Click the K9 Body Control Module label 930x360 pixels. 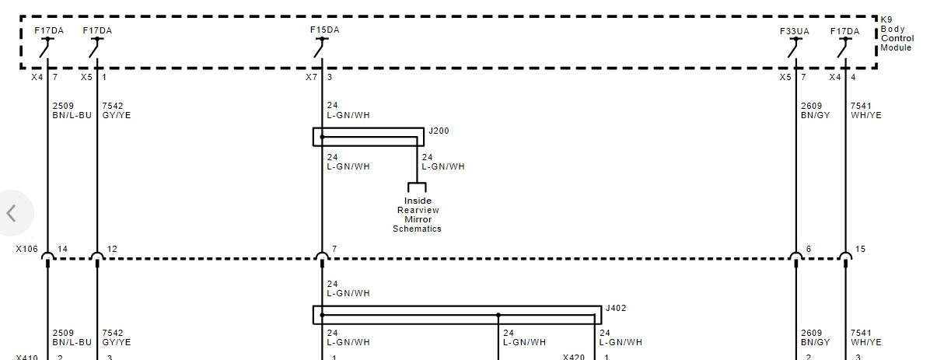tap(897, 33)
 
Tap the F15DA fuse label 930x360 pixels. tap(324, 30)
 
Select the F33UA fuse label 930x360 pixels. tap(795, 31)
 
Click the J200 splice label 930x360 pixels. tap(439, 131)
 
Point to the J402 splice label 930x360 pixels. tap(615, 308)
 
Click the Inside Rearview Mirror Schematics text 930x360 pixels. tap(418, 215)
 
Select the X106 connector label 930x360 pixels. tap(28, 249)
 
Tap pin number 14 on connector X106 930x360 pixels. tap(62, 249)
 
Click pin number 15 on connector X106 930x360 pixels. tap(860, 249)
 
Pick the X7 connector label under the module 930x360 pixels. tap(311, 78)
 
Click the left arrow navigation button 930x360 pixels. tap(12, 213)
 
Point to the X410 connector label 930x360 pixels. tap(26, 358)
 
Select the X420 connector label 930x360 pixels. tap(574, 358)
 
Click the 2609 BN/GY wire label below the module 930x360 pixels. tap(816, 110)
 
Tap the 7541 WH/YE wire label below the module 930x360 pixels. tap(865, 110)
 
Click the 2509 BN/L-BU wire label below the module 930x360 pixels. tap(72, 110)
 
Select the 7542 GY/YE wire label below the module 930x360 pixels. tap(116, 110)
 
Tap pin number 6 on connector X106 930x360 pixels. tap(809, 249)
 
